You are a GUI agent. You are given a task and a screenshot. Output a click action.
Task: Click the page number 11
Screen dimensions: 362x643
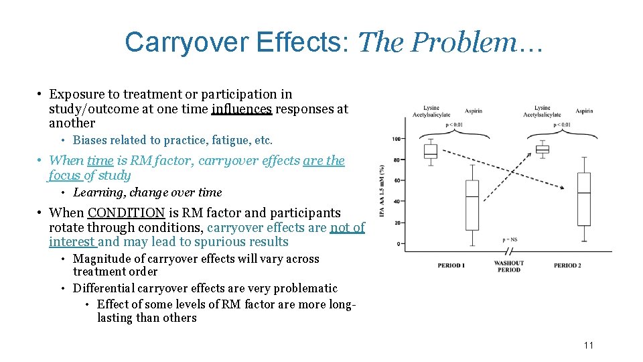pos(588,345)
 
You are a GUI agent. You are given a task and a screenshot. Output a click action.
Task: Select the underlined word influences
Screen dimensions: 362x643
pos(241,109)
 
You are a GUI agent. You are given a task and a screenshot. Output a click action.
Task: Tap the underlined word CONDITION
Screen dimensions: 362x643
pos(126,213)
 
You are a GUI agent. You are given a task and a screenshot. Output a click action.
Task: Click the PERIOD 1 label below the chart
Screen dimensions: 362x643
pos(451,265)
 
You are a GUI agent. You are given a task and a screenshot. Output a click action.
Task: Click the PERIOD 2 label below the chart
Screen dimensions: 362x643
pos(567,265)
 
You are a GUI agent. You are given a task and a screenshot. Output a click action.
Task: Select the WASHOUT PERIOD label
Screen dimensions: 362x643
pos(508,266)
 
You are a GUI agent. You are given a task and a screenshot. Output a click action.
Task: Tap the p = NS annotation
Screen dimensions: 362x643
pos(509,239)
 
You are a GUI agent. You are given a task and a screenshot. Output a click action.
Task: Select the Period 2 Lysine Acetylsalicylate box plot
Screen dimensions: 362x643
pos(543,149)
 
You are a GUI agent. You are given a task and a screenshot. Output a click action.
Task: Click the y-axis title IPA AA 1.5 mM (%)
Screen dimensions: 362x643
pos(382,191)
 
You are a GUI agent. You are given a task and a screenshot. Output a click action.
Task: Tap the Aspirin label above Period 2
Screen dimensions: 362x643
pos(584,111)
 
